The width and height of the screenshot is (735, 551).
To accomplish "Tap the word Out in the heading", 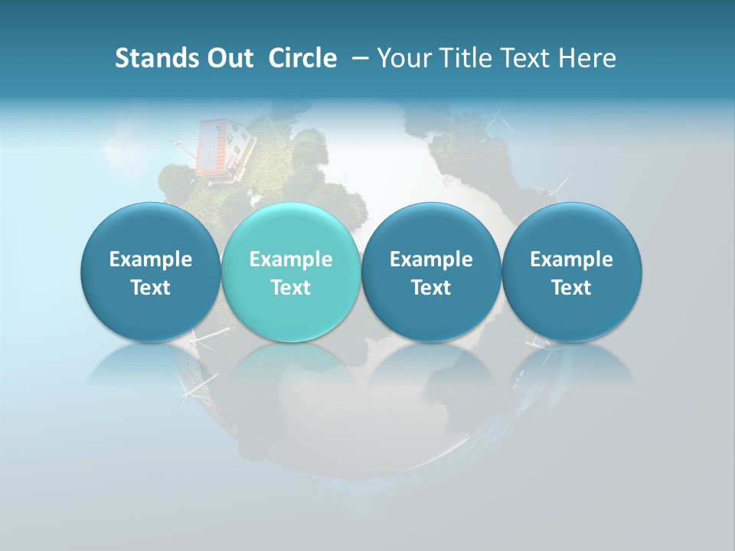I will [x=227, y=58].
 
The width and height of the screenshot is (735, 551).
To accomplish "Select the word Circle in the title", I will [x=302, y=58].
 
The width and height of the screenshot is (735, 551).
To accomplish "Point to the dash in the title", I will [x=361, y=58].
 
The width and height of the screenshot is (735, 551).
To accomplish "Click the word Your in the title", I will [x=403, y=58].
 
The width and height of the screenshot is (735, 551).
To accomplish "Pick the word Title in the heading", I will [x=462, y=58].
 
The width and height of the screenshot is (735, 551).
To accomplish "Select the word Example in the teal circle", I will [x=291, y=259].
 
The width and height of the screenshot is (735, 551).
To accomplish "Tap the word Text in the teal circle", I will [x=291, y=288].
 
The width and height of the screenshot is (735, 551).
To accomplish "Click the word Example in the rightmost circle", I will [x=571, y=259].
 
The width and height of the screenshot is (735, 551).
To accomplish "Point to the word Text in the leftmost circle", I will [x=150, y=288].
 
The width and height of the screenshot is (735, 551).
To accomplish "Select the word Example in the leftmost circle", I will [x=150, y=259].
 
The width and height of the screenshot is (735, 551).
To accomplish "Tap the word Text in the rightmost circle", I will [x=571, y=288].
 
